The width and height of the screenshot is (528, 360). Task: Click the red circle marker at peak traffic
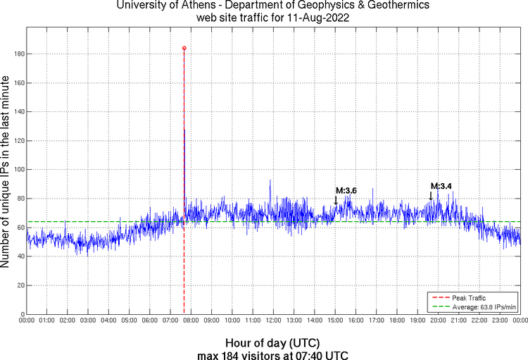pos(184,48)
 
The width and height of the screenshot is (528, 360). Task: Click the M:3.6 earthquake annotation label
pos(346,190)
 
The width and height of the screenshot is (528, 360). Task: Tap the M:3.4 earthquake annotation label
pos(441,186)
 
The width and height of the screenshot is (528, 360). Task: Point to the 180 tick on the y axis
pos(19,54)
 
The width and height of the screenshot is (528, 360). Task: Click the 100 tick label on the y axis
pos(19,170)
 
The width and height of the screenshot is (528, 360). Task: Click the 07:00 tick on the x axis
pos(170,321)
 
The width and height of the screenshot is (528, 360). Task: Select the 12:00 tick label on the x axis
pos(273,321)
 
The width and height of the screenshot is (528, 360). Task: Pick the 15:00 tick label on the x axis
pos(335,321)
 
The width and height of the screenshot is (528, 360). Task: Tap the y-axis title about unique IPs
pos(6,172)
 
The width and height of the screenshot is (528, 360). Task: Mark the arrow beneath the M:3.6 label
pos(336,200)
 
